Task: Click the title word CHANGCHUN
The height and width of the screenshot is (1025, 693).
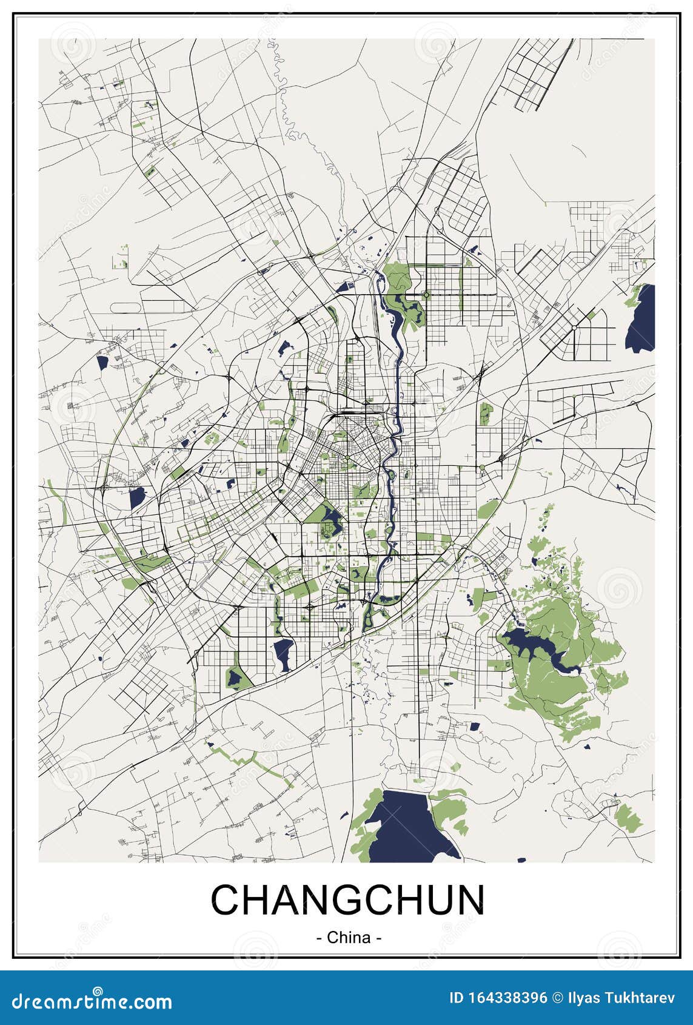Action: coord(347,899)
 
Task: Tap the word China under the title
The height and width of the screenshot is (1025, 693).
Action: coord(349,937)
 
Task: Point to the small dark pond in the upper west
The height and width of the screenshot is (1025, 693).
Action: coord(102,363)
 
